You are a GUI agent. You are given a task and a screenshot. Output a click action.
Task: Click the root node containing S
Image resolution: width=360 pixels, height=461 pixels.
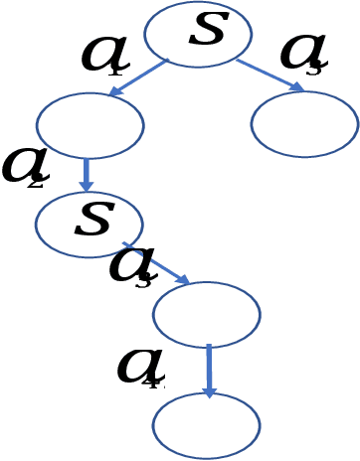coord(197,34)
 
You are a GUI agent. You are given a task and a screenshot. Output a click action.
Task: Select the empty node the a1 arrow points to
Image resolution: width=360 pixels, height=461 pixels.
coord(90,125)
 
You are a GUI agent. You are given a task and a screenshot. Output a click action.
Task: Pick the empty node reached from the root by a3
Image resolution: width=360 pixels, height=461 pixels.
coord(304,124)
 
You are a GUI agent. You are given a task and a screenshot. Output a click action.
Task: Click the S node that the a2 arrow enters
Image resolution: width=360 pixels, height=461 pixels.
coord(89,225)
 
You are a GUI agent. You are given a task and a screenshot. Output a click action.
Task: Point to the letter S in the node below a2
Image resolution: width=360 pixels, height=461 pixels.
coord(93,219)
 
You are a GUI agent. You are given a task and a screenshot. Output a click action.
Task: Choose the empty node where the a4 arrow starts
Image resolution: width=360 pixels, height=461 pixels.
coord(206,314)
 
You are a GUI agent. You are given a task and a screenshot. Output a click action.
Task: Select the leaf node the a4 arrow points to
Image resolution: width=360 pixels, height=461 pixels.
coord(206,425)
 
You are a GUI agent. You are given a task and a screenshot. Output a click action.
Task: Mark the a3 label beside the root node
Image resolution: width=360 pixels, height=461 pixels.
coord(302,52)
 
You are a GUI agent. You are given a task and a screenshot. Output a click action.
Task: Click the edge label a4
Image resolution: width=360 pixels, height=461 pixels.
coord(139,367)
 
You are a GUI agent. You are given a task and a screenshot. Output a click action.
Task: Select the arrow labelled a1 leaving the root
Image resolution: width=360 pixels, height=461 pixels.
coord(139,77)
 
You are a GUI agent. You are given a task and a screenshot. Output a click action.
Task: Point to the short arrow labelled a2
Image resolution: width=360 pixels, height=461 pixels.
coord(86,175)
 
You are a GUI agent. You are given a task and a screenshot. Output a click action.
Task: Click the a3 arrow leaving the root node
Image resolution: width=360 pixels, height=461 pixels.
coord(270,75)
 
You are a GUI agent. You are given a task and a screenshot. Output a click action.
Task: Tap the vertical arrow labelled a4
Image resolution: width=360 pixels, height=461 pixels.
coord(208,372)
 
